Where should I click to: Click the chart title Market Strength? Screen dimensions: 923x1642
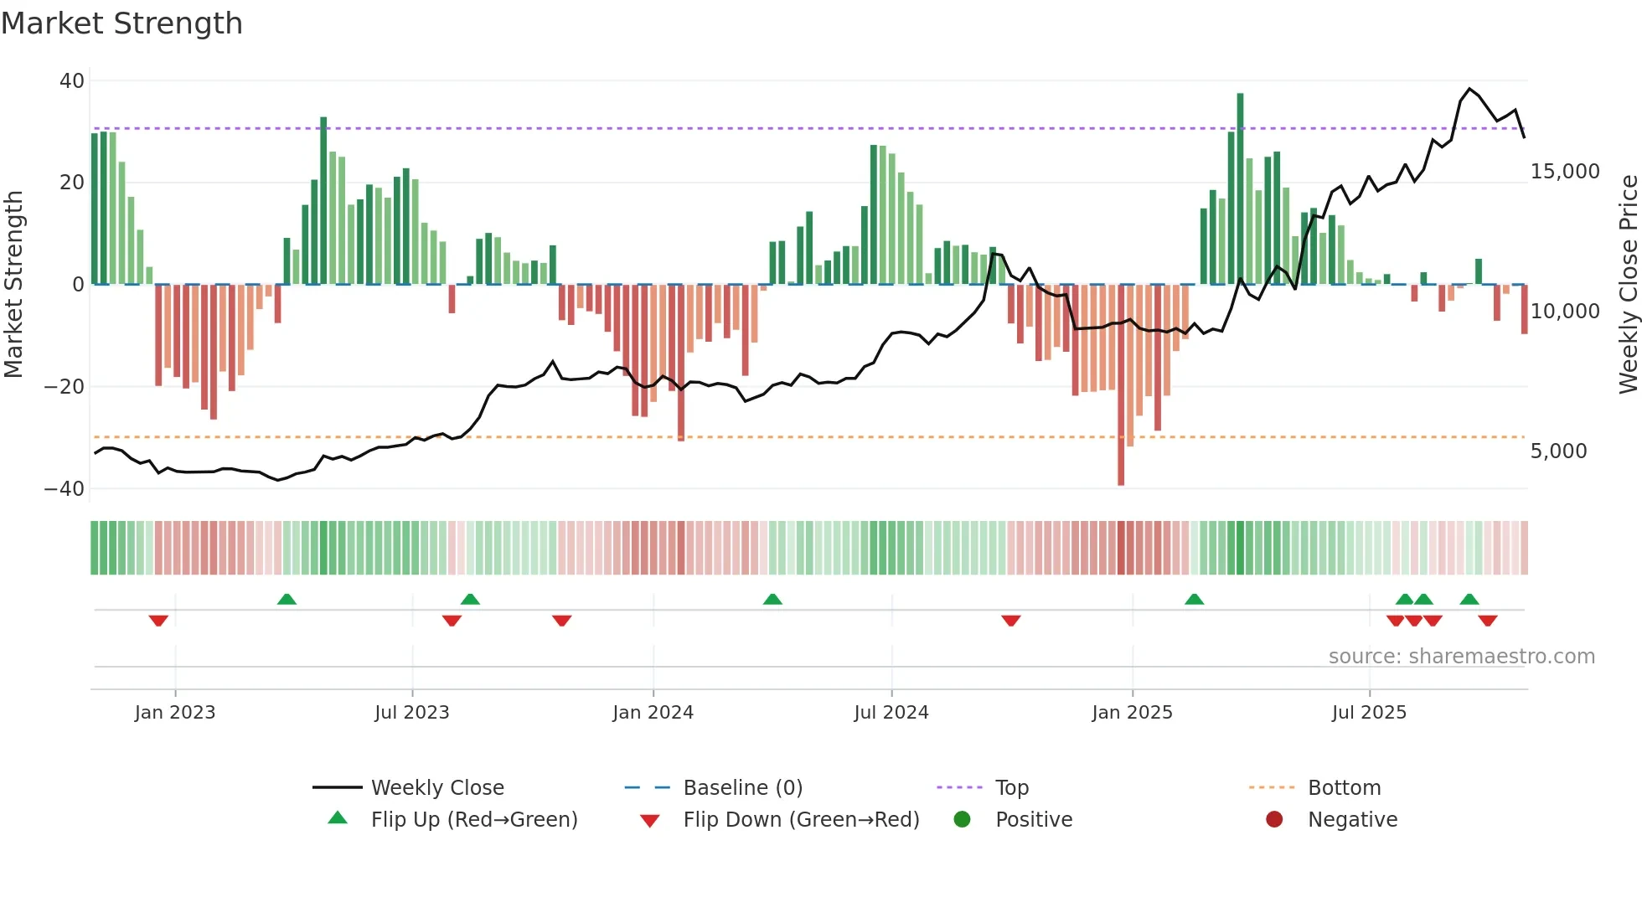coord(121,23)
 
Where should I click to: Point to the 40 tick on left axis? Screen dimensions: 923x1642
coord(72,81)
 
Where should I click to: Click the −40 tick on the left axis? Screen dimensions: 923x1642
coord(65,488)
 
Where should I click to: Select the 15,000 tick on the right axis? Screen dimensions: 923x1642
coord(1564,172)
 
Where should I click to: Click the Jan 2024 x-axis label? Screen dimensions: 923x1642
coord(653,713)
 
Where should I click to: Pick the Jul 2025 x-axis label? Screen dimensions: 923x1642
coord(1369,713)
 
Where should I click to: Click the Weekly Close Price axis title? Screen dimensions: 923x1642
coord(1628,285)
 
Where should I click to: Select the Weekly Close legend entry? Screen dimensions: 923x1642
coord(436,788)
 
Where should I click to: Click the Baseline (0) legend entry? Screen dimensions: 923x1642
coord(742,788)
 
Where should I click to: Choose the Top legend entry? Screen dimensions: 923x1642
coord(1011,788)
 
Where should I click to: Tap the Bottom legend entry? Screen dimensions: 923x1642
coord(1344,788)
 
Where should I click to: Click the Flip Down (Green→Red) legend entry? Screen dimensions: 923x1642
coord(800,820)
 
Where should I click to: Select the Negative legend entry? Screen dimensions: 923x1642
coord(1352,820)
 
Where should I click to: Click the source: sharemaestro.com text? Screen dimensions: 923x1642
coord(1461,657)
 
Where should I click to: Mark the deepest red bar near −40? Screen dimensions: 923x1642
coord(1121,385)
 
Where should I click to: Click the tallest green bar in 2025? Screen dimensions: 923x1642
coord(1240,188)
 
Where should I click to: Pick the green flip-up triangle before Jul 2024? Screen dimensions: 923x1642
coord(772,599)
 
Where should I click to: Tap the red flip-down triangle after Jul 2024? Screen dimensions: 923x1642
coord(1011,621)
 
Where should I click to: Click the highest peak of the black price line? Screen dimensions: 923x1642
coord(1469,89)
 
